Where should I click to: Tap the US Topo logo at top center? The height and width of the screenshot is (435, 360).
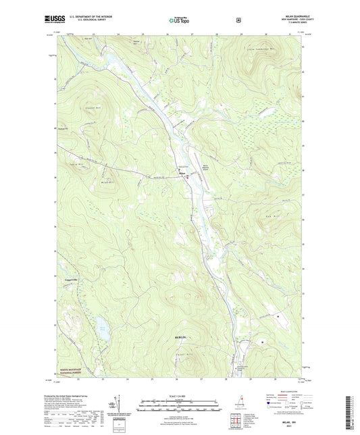pos(179,20)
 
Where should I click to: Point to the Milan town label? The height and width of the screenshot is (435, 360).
pos(182,174)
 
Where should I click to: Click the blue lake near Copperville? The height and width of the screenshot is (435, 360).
pos(103,330)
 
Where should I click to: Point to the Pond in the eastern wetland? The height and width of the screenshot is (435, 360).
pos(276,316)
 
